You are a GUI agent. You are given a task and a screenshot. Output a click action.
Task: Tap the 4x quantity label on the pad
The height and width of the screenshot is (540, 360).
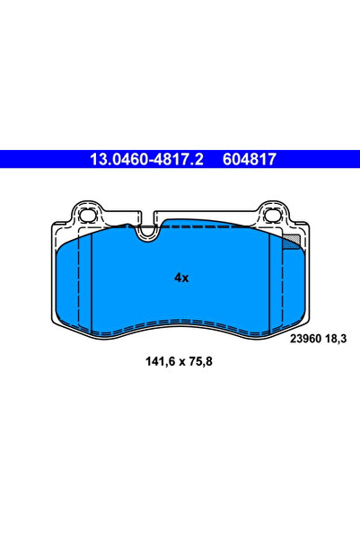180,278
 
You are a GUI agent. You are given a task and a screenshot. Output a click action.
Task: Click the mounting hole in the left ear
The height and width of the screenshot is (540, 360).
88,215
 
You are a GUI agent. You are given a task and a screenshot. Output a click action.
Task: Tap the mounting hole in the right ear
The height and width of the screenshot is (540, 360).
272,215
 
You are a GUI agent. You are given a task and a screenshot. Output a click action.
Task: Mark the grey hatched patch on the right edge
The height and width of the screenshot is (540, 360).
290,241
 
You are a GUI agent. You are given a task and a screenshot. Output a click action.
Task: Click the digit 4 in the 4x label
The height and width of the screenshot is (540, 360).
177,278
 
